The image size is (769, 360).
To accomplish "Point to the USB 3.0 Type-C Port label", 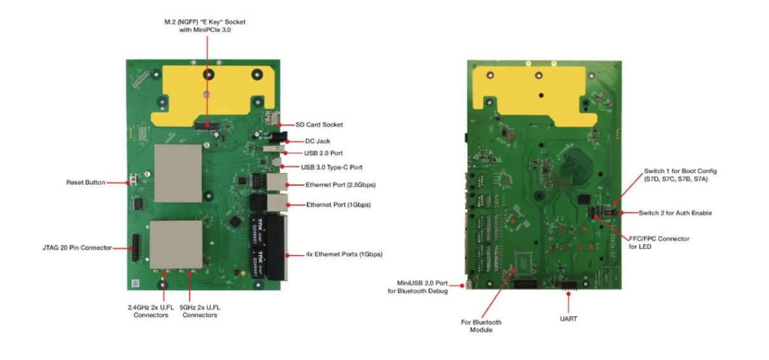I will [331, 167].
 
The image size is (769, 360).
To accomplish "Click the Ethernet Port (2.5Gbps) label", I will [340, 185].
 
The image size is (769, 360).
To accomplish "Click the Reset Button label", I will [85, 183].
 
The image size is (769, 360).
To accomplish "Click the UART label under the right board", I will [569, 319].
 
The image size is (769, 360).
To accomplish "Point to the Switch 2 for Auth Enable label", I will [675, 212].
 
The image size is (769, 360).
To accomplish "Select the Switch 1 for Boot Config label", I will [675, 176].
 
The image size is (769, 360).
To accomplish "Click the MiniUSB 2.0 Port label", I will [418, 287].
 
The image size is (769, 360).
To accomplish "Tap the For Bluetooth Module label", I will [481, 326].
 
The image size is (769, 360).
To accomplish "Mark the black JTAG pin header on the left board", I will [135, 247].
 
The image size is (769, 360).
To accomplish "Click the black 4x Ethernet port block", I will [277, 247].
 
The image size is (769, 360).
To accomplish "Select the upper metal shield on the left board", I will [177, 173].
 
